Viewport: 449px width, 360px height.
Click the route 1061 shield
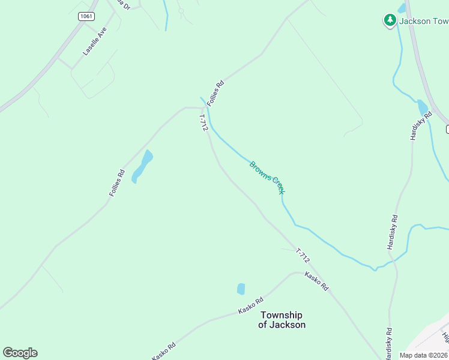click(86, 16)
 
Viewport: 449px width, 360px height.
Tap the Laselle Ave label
click(95, 41)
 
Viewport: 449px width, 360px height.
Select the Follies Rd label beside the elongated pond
click(117, 183)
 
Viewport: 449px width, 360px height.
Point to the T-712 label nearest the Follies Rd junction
click(203, 123)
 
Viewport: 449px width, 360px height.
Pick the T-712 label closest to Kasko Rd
click(303, 256)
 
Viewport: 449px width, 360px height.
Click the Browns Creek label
click(267, 177)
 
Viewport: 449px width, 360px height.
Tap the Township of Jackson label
click(282, 320)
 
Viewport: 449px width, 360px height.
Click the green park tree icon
click(390, 20)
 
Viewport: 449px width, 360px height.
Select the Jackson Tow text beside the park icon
click(424, 21)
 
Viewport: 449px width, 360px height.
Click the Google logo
click(20, 353)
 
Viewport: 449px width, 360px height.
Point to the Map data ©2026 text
click(424, 355)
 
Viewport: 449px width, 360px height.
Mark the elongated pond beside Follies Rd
click(142, 166)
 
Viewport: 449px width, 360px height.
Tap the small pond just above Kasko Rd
click(241, 289)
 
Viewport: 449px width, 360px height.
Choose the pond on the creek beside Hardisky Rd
click(422, 107)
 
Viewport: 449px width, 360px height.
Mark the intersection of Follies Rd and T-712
click(202, 108)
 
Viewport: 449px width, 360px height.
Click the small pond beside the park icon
click(402, 8)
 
